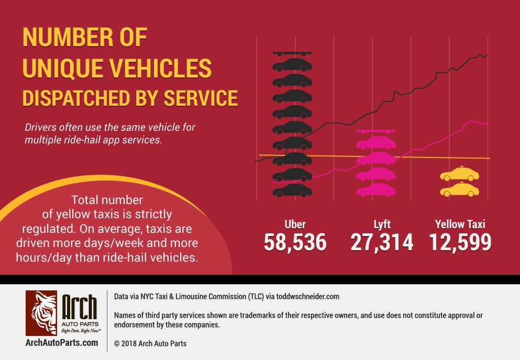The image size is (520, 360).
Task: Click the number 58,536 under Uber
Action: pos(295,242)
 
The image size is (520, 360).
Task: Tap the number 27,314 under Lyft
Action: pos(381,242)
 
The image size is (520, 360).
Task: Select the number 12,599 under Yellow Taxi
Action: pos(460,242)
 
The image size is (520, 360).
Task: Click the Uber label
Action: pos(295,224)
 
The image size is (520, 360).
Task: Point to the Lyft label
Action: pos(382,224)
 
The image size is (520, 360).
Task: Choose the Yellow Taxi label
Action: pos(460,224)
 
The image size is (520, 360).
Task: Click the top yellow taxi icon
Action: pos(459,174)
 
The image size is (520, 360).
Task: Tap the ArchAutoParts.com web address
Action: pos(61,343)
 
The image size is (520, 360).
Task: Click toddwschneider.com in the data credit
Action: pos(308,297)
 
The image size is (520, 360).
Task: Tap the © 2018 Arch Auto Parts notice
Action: pos(150,344)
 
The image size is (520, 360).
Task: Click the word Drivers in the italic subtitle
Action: pos(40,128)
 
